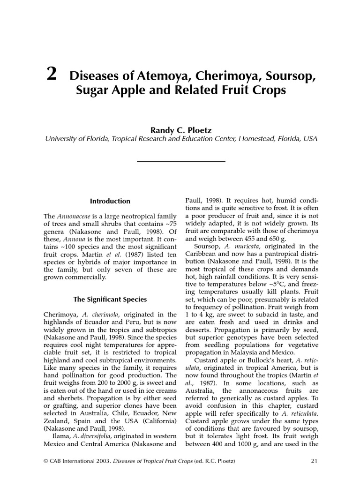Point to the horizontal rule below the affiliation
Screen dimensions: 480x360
(x=180, y=161)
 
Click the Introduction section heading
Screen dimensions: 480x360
(x=110, y=201)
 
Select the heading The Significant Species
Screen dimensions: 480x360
(x=110, y=299)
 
